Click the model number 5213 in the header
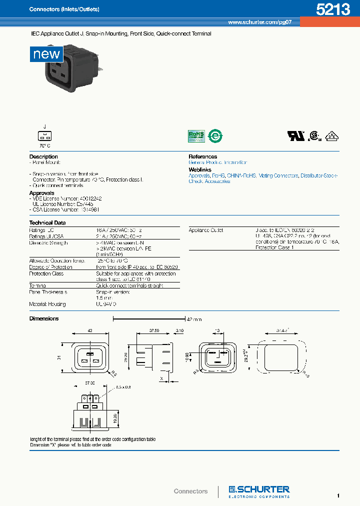click(332, 10)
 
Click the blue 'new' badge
click(46, 54)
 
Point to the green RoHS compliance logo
click(196, 135)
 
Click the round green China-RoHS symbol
click(215, 135)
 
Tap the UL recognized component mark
click(293, 135)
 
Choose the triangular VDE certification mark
click(331, 135)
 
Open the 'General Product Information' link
click(217, 162)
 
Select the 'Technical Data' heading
click(48, 222)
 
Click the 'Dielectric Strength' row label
click(48, 242)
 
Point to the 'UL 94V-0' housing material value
click(106, 304)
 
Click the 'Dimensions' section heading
click(44, 318)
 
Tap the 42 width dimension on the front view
click(90, 330)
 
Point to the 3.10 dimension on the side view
click(179, 330)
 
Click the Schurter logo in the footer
click(259, 491)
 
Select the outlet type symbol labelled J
click(44, 135)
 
